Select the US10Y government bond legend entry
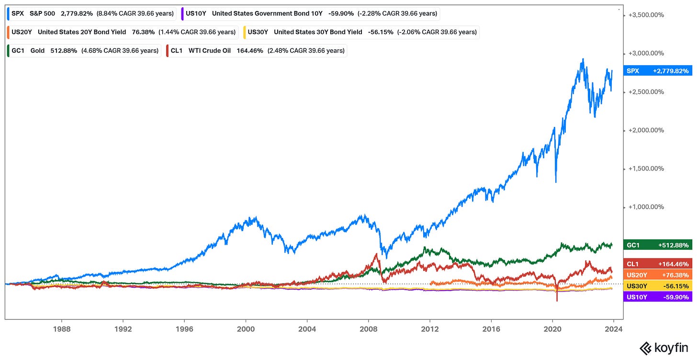[311, 14]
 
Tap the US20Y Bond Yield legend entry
[123, 33]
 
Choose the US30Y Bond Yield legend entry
[361, 33]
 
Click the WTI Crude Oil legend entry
[257, 51]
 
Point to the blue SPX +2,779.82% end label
[658, 71]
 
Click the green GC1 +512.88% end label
[658, 245]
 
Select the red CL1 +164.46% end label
[658, 264]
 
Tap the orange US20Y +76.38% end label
[658, 275]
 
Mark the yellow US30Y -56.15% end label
[658, 286]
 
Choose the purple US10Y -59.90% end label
[658, 297]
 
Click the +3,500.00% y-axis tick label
[646, 15]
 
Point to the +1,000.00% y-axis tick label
[646, 207]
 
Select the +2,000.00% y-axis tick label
[646, 130]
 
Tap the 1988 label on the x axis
[62, 329]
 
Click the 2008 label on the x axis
[369, 329]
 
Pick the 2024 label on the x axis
[614, 329]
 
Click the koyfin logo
[663, 348]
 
